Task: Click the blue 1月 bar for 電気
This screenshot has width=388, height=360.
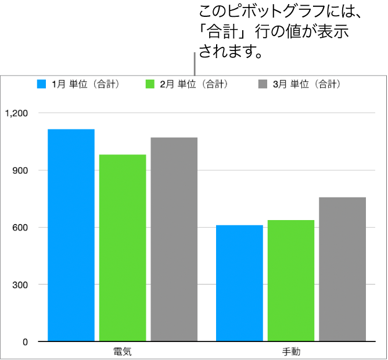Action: pyautogui.click(x=71, y=235)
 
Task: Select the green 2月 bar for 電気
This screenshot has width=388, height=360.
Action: pyautogui.click(x=123, y=247)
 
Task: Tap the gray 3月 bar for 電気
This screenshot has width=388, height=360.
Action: pyautogui.click(x=174, y=239)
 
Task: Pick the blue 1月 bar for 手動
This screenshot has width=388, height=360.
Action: pyautogui.click(x=239, y=283)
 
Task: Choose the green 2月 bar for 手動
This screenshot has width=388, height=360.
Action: pyautogui.click(x=291, y=280)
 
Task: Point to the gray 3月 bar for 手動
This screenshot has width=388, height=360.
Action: pyautogui.click(x=342, y=269)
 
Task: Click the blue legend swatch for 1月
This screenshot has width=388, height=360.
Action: pyautogui.click(x=41, y=84)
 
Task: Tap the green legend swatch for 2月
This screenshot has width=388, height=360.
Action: pyautogui.click(x=150, y=84)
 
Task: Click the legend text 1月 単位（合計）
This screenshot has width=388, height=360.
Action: pyautogui.click(x=86, y=84)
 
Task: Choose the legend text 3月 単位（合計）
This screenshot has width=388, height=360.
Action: pyautogui.click(x=307, y=84)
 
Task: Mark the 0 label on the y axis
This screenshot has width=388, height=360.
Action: pyautogui.click(x=25, y=342)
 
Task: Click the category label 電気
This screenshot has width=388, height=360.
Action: pyautogui.click(x=123, y=352)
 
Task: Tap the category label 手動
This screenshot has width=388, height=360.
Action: pyautogui.click(x=291, y=352)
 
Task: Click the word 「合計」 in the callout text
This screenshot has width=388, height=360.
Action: pyautogui.click(x=226, y=32)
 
